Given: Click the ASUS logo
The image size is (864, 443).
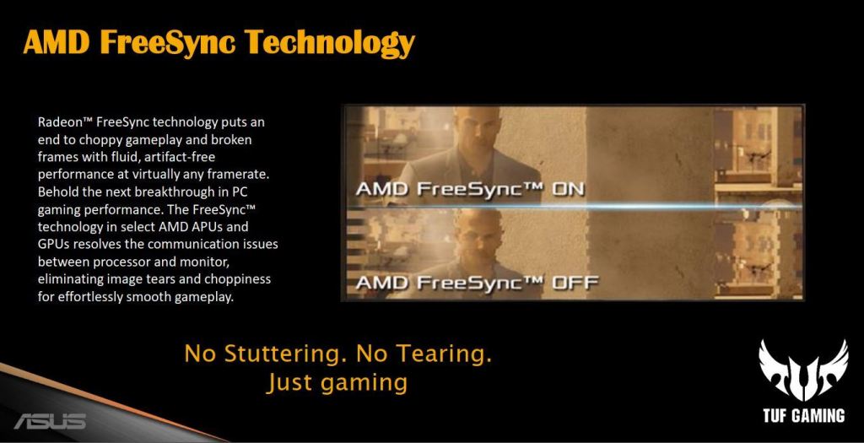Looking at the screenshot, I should click(x=49, y=420).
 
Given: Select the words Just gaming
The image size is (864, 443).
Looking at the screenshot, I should click(x=337, y=382).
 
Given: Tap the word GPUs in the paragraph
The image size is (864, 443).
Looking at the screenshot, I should click(x=53, y=244).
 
